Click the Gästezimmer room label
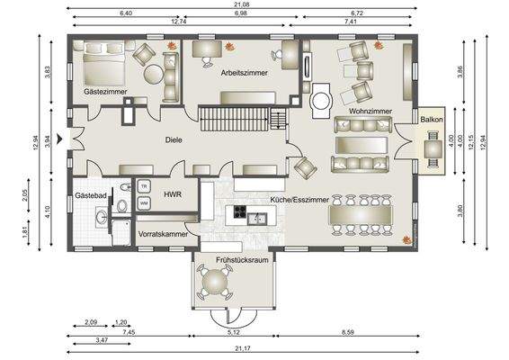pyautogui.click(x=105, y=93)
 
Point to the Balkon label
pyautogui.click(x=431, y=120)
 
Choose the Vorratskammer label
pyautogui.click(x=163, y=234)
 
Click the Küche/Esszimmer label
pyautogui.click(x=299, y=201)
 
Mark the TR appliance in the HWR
pyautogui.click(x=144, y=186)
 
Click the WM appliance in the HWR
pyautogui.click(x=144, y=203)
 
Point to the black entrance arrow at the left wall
pyautogui.click(x=59, y=139)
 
